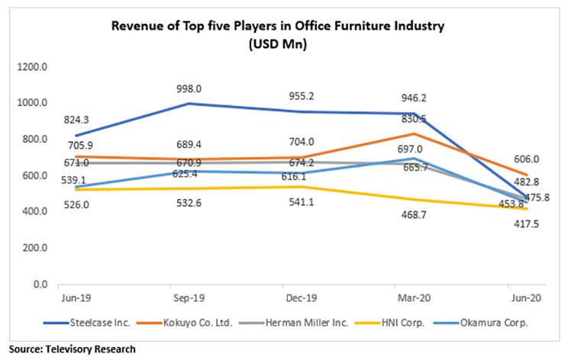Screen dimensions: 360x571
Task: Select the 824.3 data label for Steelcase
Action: pyautogui.click(x=82, y=119)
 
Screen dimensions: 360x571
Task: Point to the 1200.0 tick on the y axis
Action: pyautogui.click(x=33, y=67)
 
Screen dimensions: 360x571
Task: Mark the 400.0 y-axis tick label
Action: pyautogui.click(x=36, y=212)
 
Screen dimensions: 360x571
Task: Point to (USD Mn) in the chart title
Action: pyautogui.click(x=277, y=43)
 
